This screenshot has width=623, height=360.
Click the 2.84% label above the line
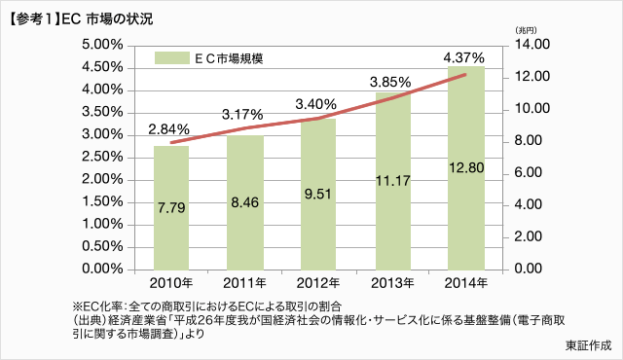pyautogui.click(x=169, y=128)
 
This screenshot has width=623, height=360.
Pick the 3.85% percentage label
pyautogui.click(x=392, y=83)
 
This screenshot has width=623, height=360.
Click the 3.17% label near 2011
pyautogui.click(x=244, y=114)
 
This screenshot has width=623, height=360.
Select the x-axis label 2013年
pyautogui.click(x=392, y=283)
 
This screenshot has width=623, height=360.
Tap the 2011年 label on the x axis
pyautogui.click(x=244, y=283)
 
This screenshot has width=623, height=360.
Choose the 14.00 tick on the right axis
pyautogui.click(x=532, y=45)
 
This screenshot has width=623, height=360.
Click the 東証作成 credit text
pyautogui.click(x=587, y=344)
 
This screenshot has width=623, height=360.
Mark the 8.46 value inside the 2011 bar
pyautogui.click(x=244, y=204)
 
